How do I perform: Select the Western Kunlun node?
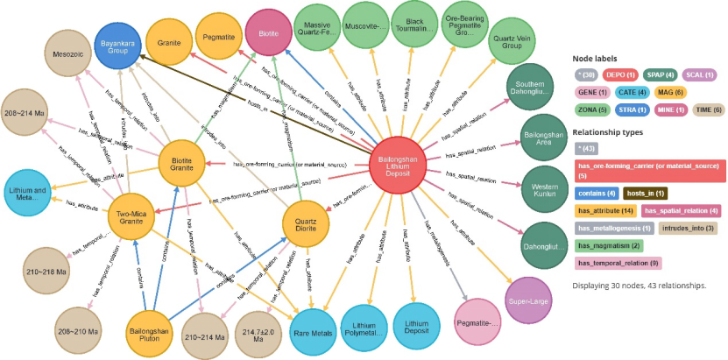(x=547, y=189)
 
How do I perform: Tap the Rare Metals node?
(x=313, y=332)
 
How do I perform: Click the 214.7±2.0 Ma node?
(x=262, y=333)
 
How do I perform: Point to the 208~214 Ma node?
(x=28, y=115)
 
